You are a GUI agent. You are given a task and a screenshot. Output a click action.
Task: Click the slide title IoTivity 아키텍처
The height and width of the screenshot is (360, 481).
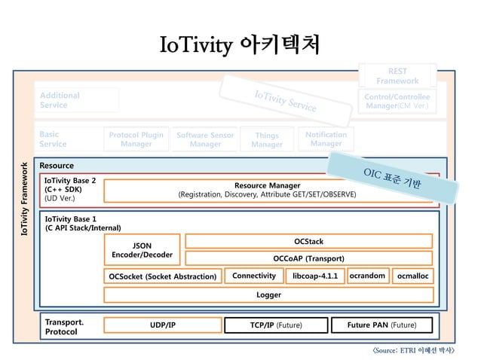point(240,45)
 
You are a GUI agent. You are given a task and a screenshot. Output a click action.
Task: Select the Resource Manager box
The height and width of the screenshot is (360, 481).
point(267,191)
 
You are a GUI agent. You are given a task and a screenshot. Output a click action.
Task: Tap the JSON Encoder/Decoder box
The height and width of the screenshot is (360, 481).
point(142,250)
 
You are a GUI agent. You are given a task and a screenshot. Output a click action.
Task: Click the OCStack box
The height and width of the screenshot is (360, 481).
point(308,241)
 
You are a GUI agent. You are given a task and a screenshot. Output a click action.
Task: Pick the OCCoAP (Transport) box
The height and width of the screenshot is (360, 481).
point(308,258)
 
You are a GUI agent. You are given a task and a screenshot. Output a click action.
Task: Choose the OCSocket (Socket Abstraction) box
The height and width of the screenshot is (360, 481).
point(162,276)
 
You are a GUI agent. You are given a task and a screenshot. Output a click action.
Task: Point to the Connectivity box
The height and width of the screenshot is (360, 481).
point(253,276)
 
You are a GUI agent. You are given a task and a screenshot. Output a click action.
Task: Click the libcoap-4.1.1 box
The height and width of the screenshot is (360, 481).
point(314,276)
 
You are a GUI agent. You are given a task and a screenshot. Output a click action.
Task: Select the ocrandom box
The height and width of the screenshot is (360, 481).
point(367,276)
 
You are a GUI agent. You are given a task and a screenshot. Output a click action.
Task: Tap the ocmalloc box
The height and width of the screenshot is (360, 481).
point(414,276)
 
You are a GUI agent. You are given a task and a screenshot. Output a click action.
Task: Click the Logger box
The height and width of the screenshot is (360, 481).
point(268,294)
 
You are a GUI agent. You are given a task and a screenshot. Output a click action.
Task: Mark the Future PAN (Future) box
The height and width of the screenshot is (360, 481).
point(381,325)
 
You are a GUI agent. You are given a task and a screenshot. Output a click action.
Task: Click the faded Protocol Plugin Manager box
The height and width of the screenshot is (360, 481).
point(136,139)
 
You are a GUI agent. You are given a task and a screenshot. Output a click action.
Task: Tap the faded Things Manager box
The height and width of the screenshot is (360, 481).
point(266,140)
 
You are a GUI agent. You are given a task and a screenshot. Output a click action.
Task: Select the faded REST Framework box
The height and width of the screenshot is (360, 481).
point(397,76)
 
